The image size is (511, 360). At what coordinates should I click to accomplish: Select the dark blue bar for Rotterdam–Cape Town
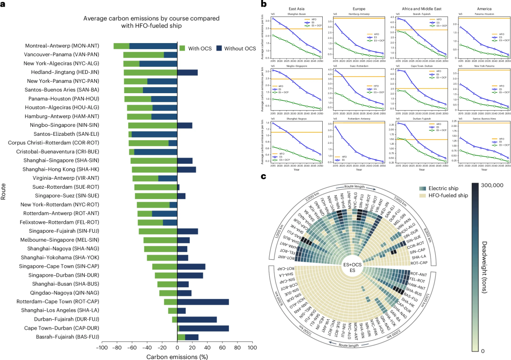click(203, 302)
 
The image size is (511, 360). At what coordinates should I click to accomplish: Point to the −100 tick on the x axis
click(101, 348)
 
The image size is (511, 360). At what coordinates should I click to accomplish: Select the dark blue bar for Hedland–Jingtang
click(187, 72)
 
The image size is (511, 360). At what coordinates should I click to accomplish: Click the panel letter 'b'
click(264, 4)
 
